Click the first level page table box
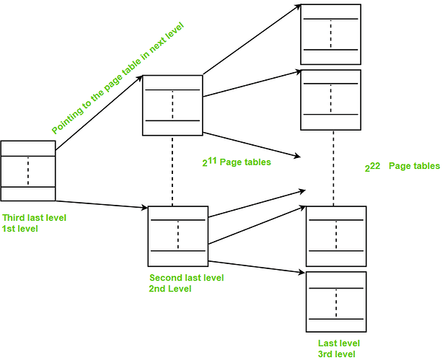click(x=28, y=171)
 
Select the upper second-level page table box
click(x=172, y=105)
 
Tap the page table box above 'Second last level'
click(x=177, y=236)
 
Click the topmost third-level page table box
click(x=330, y=34)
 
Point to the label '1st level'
click(x=20, y=228)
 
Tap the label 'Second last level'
click(x=186, y=278)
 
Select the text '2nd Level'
click(x=172, y=289)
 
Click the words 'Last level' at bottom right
click(x=339, y=343)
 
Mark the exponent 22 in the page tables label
click(x=375, y=164)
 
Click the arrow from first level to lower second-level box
click(x=101, y=204)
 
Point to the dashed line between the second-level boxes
click(x=172, y=170)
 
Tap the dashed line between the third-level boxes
click(x=333, y=166)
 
